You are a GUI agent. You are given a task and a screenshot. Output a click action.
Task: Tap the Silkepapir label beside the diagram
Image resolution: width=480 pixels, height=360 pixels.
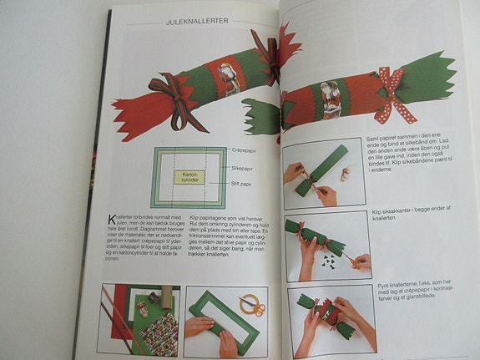(244, 168)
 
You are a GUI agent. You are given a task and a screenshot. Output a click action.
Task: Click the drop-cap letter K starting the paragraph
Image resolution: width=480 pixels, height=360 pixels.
(112, 221)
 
